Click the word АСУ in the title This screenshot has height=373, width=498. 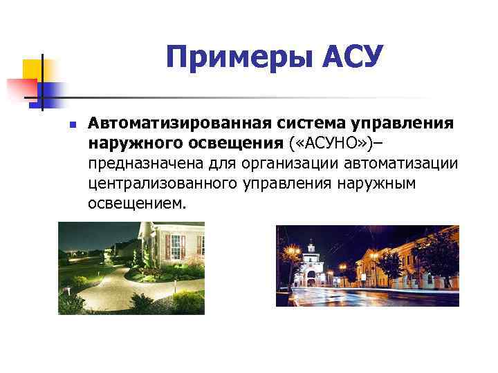[x=352, y=57]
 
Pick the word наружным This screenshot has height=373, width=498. [x=376, y=184]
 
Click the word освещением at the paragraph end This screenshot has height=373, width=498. [x=137, y=204]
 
